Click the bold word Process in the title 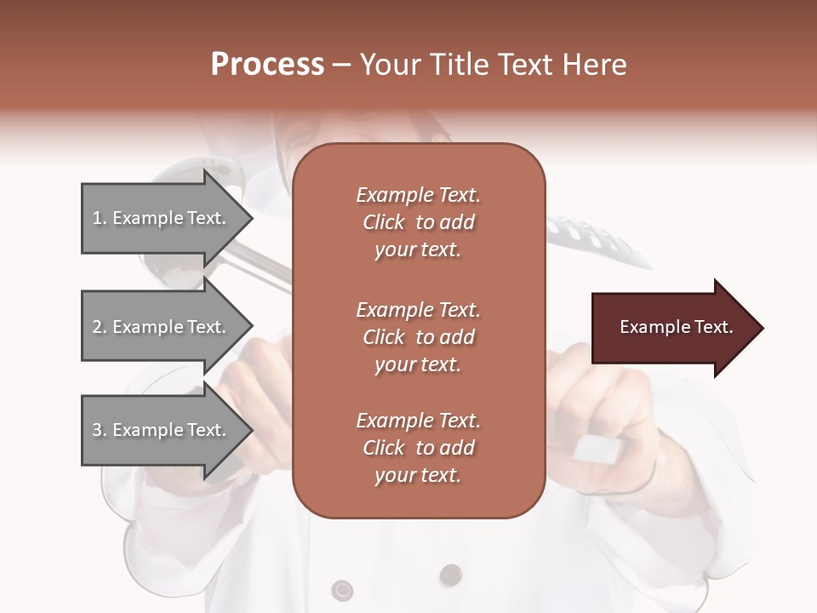(x=267, y=65)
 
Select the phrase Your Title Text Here (x=494, y=65)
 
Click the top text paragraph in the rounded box (x=418, y=222)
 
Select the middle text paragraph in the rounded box (x=418, y=336)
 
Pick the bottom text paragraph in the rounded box (x=418, y=448)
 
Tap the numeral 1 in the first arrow (x=97, y=218)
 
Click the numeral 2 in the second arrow (x=97, y=327)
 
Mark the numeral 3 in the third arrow (x=97, y=430)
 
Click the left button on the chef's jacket (x=342, y=589)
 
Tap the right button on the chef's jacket (x=451, y=576)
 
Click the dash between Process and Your (x=342, y=65)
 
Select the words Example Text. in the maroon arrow (x=676, y=327)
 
